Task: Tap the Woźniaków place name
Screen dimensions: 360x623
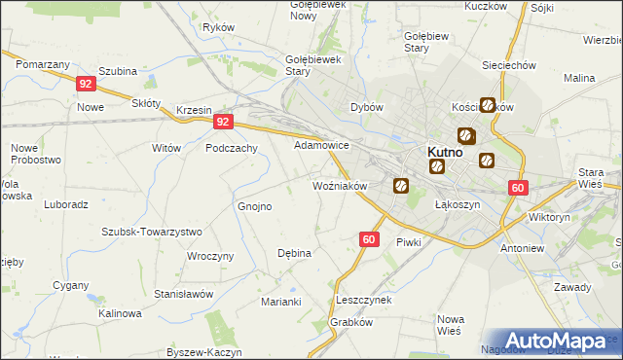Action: [338, 185]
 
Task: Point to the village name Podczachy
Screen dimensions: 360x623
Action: [231, 148]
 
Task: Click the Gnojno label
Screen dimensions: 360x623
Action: [255, 206]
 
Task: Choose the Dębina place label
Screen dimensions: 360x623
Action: [294, 253]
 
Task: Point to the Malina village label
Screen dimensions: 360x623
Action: [578, 78]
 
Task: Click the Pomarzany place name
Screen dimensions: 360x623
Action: [42, 63]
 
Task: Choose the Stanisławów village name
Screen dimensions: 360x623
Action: [183, 294]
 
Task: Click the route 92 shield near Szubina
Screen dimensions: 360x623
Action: [85, 85]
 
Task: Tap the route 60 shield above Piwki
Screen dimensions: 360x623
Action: [368, 238]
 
